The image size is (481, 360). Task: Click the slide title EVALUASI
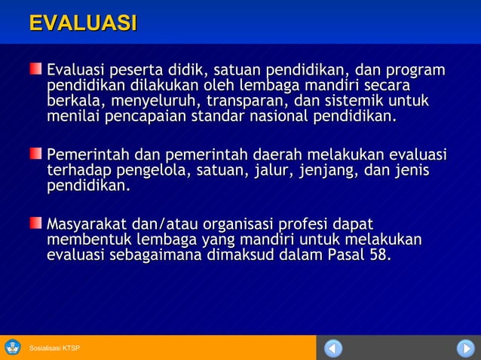click(83, 23)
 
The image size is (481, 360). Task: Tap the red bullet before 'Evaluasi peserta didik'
click(36, 70)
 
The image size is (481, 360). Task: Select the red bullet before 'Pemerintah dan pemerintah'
click(36, 154)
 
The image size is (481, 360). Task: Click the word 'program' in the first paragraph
click(415, 71)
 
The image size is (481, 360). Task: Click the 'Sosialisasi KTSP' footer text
click(54, 348)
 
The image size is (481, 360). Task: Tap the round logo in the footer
click(13, 347)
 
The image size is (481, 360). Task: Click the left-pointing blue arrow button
click(333, 348)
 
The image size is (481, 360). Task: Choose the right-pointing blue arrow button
click(465, 348)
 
